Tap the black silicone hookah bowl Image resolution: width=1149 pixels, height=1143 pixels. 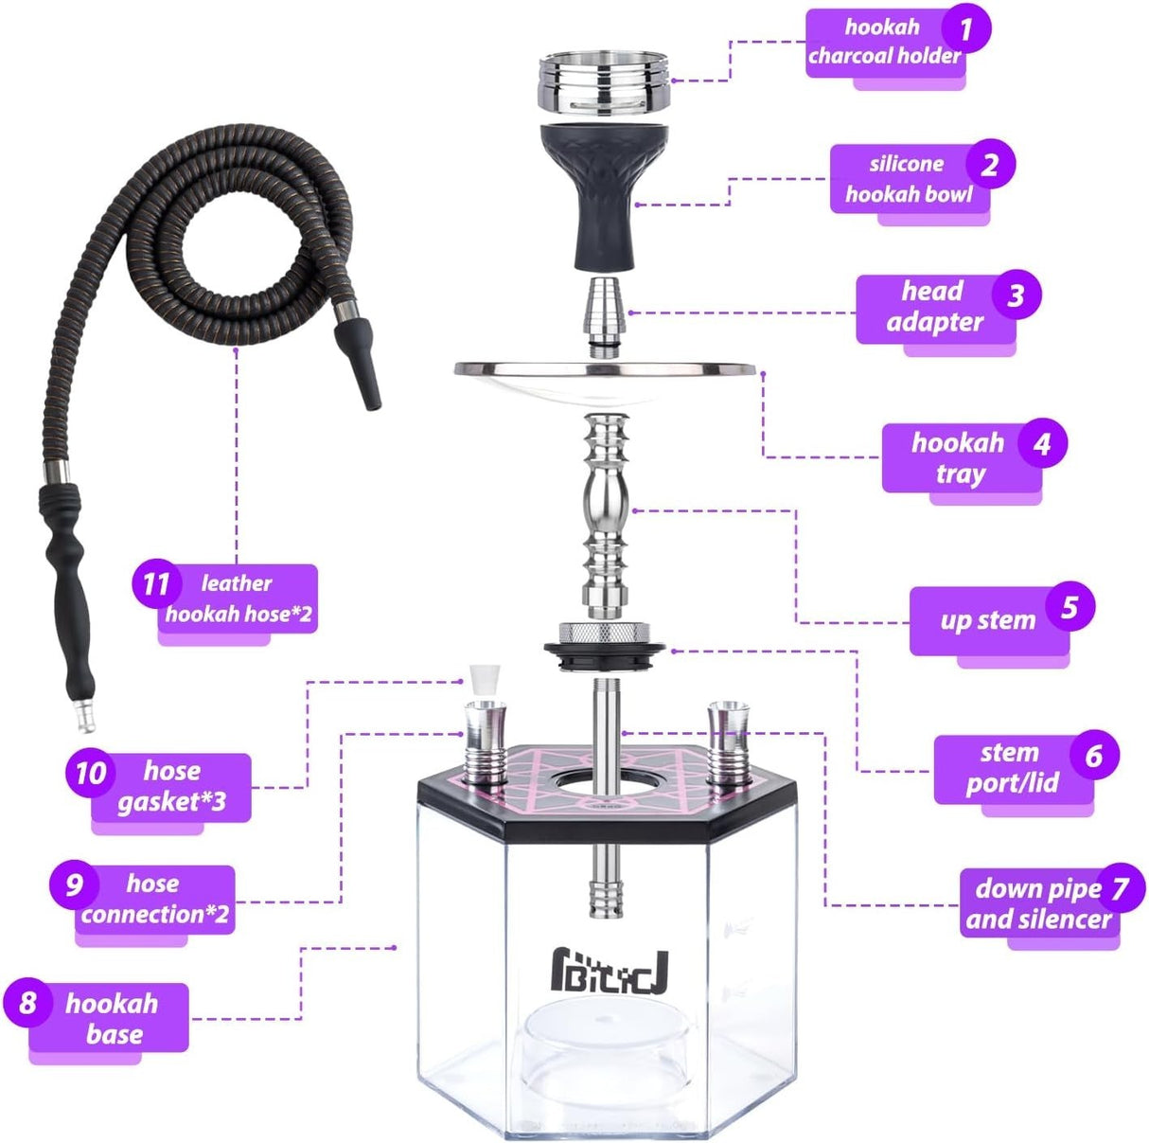pos(604,189)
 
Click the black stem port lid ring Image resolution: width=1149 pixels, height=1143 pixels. pos(605,651)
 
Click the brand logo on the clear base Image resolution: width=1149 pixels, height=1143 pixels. pos(610,973)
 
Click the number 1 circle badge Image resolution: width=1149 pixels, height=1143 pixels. pos(965,29)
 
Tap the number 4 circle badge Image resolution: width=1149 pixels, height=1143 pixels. pos(1042,443)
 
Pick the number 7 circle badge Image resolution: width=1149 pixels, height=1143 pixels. pos(1121,888)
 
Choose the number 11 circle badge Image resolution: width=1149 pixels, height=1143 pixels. pos(156,584)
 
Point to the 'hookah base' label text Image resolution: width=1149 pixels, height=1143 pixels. pos(112,1018)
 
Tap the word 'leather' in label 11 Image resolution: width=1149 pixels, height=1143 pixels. pos(236,583)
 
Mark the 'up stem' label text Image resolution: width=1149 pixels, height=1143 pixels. pos(987,620)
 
